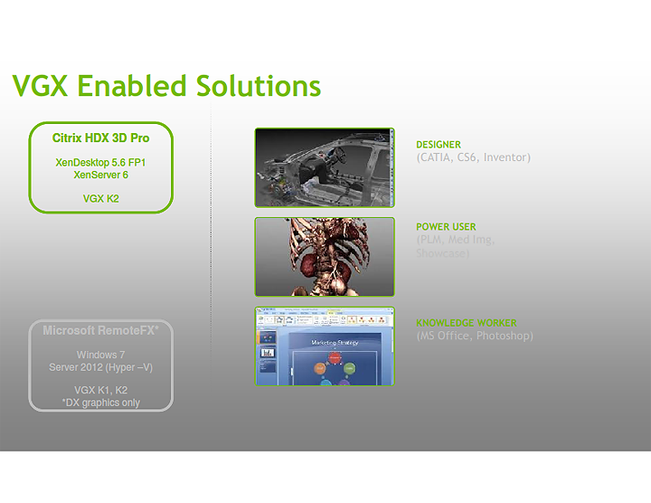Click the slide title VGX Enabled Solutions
[x=166, y=86]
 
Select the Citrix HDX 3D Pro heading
[x=100, y=138]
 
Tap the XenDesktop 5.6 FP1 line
[x=100, y=163]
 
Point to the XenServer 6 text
[x=100, y=175]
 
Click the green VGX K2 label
[x=100, y=197]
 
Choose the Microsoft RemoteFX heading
[x=100, y=331]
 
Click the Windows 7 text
[x=100, y=356]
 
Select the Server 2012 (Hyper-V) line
[x=100, y=368]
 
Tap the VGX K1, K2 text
[x=100, y=390]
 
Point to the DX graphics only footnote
[x=100, y=403]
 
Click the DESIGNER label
[x=439, y=145]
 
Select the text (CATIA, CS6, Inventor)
[x=473, y=157]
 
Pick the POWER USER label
[x=446, y=227]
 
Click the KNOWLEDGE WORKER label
[x=466, y=323]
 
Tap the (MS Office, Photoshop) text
[x=474, y=337]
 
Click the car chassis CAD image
[x=325, y=168]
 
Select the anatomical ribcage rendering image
[x=325, y=257]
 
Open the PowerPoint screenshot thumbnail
[x=325, y=346]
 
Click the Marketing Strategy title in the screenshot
[x=335, y=343]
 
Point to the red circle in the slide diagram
[x=335, y=358]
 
